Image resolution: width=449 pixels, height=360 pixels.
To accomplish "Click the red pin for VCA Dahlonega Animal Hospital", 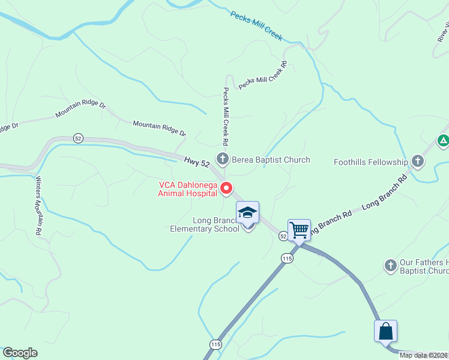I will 227,188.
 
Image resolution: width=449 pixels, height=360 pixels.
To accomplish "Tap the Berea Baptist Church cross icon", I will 223,160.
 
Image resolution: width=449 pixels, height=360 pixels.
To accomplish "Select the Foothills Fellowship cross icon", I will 418,161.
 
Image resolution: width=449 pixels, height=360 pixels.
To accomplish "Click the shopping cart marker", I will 299,230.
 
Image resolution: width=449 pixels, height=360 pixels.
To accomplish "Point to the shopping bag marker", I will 385,331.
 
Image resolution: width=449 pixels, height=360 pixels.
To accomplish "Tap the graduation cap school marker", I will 247,212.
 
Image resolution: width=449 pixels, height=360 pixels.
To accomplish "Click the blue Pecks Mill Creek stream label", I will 256,25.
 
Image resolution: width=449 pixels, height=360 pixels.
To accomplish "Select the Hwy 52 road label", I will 197,163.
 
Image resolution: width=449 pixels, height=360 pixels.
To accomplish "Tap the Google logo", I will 20,353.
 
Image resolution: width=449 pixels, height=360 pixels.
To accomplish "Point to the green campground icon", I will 443,141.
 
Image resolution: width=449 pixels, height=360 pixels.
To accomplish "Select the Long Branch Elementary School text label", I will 204,224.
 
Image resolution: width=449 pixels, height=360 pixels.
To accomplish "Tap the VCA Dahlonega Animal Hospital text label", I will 187,189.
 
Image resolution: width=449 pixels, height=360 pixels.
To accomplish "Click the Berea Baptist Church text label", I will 271,160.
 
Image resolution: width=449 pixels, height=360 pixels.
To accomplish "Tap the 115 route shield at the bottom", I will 215,344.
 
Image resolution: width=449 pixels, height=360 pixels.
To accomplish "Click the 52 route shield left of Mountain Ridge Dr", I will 78,138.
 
